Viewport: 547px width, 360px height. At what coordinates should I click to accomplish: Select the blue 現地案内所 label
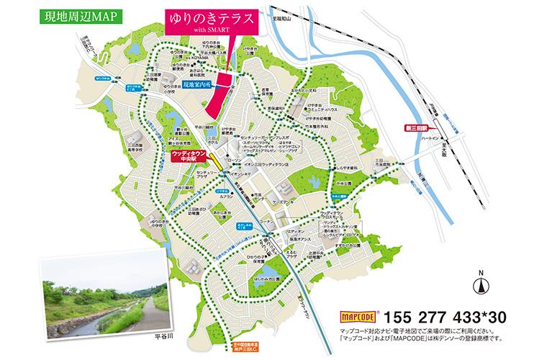(199, 84)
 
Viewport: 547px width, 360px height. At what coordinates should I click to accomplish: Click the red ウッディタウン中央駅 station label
(191, 157)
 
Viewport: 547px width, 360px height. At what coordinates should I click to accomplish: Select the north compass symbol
(477, 284)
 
